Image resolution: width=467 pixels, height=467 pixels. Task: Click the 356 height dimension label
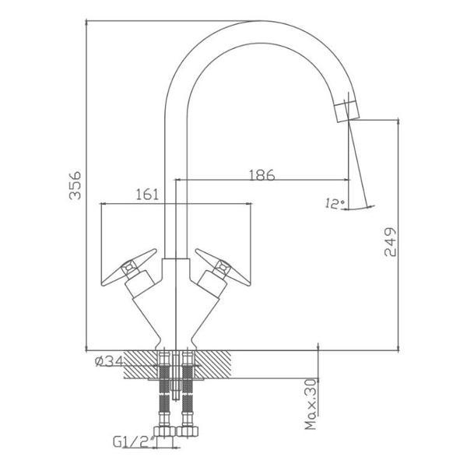pyautogui.click(x=75, y=184)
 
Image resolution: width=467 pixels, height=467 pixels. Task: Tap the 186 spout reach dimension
pyautogui.click(x=262, y=175)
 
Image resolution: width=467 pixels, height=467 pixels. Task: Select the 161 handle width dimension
pyautogui.click(x=147, y=195)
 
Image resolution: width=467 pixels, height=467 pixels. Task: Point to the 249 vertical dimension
pyautogui.click(x=390, y=242)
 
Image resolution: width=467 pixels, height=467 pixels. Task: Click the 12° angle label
pyautogui.click(x=335, y=204)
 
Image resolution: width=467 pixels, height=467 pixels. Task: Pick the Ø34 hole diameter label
pyautogui.click(x=109, y=361)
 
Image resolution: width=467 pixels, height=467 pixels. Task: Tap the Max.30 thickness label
pyautogui.click(x=311, y=404)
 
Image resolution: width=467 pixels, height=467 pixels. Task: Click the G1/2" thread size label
pyautogui.click(x=134, y=441)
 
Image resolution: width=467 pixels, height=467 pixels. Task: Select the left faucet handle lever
pyautogui.click(x=129, y=268)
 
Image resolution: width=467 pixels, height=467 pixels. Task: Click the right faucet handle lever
pyautogui.click(x=223, y=268)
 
